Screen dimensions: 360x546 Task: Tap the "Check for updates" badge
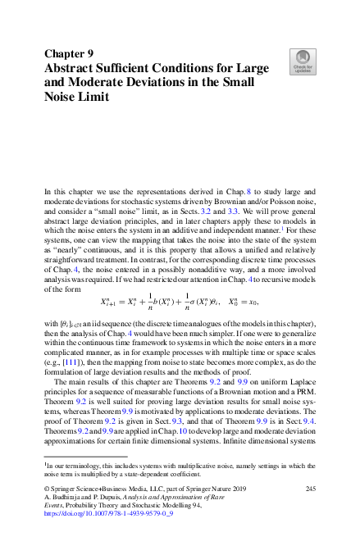point(303,61)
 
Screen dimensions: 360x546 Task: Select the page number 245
point(310,489)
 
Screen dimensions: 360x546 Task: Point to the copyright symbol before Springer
point(47,489)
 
